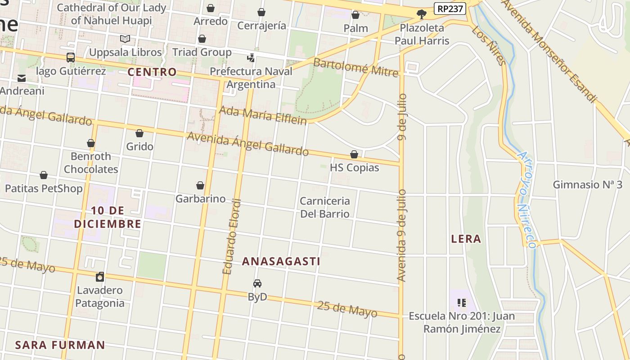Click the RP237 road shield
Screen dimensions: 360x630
[x=449, y=8]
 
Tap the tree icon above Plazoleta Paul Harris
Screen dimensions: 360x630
[x=422, y=15]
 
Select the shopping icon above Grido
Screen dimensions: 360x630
[x=139, y=133]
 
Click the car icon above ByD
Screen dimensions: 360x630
[x=257, y=283]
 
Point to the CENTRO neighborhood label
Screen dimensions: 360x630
[x=152, y=72]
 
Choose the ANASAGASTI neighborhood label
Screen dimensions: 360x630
[x=281, y=261]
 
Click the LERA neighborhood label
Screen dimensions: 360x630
[x=466, y=239]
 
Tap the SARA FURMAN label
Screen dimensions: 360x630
[x=60, y=345]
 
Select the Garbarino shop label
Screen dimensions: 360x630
[x=200, y=198]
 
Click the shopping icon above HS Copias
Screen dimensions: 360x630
[x=354, y=154]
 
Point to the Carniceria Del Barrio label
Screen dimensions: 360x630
[x=325, y=207]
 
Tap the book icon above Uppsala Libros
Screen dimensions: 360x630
[x=125, y=39]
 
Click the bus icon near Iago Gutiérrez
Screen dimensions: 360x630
[x=71, y=58]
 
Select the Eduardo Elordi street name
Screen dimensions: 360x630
[x=232, y=237]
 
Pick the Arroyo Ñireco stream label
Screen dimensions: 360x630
[x=526, y=199]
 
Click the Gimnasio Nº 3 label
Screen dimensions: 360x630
[x=587, y=185]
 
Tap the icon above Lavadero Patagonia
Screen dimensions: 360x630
[x=100, y=276]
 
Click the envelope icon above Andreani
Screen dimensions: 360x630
[x=22, y=78]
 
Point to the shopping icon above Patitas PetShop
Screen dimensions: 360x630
[x=44, y=175]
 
